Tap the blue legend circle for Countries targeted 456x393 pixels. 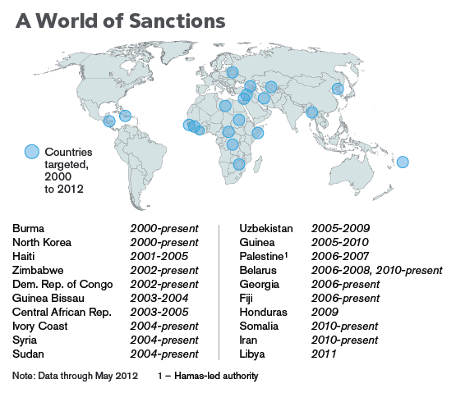click(32, 151)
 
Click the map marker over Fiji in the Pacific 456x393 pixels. click(403, 162)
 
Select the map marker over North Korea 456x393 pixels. click(337, 89)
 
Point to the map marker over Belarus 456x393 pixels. click(233, 73)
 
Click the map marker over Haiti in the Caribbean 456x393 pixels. click(125, 116)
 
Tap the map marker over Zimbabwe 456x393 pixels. click(239, 164)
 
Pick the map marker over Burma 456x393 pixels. click(312, 112)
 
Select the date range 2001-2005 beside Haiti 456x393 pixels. click(159, 255)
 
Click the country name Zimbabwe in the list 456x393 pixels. click(37, 269)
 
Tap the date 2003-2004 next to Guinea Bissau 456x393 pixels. click(159, 297)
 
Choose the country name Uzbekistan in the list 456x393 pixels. click(265, 227)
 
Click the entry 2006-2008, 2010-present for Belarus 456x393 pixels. click(376, 269)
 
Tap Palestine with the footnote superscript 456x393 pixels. click(263, 255)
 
